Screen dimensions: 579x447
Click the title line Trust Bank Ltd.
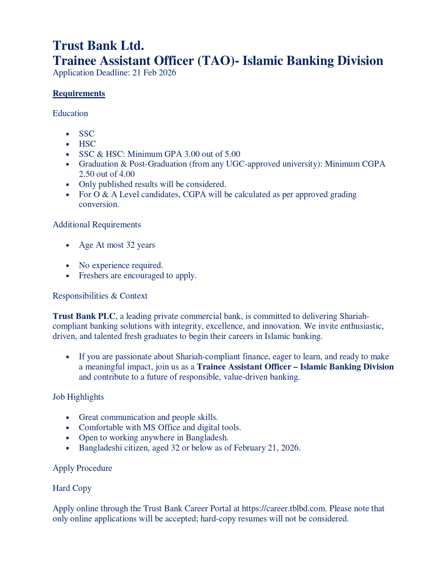point(98,46)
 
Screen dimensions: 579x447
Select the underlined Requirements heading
point(79,93)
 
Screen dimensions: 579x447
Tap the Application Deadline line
point(114,73)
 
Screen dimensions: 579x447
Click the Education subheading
point(70,113)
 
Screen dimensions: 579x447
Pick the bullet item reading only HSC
point(87,144)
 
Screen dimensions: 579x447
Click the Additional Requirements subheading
point(97,225)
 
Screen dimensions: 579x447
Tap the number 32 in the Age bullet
point(130,245)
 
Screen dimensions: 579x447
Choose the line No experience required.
point(121,265)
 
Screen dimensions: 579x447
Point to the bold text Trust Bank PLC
point(84,316)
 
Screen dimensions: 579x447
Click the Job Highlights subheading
point(78,397)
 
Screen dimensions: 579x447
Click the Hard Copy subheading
point(72,488)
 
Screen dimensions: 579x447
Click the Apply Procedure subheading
point(82,468)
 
